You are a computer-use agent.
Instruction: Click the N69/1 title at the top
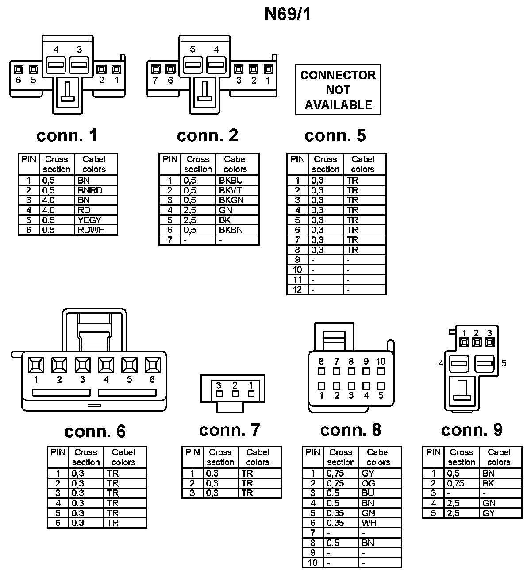coord(288,14)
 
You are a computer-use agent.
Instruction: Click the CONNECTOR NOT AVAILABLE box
coord(338,90)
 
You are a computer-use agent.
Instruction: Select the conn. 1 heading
coord(67,135)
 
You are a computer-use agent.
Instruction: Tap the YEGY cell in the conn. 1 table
coord(89,220)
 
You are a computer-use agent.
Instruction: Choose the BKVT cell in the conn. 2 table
coord(231,190)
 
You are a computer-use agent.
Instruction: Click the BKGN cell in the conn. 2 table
coord(231,200)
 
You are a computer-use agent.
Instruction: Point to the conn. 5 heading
coord(335,135)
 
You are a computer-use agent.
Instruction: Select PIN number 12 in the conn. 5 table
coord(297,289)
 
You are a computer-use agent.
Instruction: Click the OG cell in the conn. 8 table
coord(368,483)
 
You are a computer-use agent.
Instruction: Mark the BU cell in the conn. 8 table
coord(368,493)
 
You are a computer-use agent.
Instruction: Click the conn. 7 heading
coord(229,430)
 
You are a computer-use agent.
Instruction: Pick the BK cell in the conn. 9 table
coord(488,483)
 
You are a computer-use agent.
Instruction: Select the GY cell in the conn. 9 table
coord(489,513)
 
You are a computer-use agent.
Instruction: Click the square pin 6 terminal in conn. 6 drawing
coord(152,365)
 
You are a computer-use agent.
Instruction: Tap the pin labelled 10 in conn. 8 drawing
coord(381,371)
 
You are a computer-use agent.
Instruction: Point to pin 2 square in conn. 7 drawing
coord(235,393)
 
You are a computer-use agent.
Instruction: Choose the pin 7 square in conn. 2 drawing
coord(155,69)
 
